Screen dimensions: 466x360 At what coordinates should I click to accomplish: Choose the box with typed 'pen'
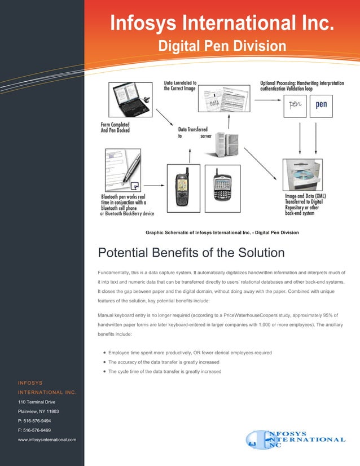[x=321, y=105]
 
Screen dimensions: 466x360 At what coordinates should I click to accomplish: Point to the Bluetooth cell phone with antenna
[x=183, y=182]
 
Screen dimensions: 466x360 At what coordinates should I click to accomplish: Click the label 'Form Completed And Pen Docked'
[x=115, y=128]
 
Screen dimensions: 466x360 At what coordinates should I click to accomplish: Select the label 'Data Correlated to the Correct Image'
[x=180, y=85]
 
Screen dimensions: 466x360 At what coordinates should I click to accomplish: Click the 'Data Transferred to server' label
[x=195, y=133]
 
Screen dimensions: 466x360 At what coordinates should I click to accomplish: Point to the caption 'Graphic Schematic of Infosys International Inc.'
[x=222, y=232]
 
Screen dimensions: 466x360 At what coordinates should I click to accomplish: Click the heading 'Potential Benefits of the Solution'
[x=191, y=252]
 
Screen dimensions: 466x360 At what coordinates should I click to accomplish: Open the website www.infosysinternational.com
[x=47, y=439]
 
